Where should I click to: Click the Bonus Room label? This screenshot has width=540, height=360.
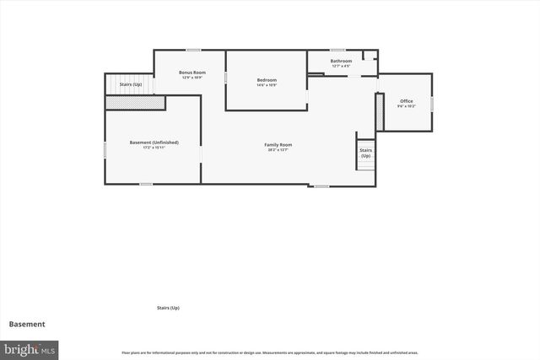(x=192, y=73)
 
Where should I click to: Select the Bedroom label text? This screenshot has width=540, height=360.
(x=267, y=80)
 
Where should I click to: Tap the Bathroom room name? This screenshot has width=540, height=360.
(x=342, y=61)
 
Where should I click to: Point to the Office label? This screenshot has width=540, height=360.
(x=407, y=101)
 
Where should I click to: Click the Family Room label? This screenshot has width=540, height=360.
(x=278, y=145)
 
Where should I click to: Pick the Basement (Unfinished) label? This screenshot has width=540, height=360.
(x=154, y=142)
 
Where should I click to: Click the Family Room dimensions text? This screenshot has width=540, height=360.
(x=278, y=150)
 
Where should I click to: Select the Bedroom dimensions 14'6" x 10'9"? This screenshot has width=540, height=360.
(x=267, y=85)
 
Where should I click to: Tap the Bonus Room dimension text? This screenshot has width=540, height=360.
(x=192, y=78)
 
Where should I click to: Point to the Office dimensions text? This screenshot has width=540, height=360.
(x=407, y=106)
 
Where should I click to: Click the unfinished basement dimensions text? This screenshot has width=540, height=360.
(x=154, y=148)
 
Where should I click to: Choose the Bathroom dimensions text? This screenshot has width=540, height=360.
(x=342, y=66)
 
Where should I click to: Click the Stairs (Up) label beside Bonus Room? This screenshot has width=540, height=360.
(x=131, y=84)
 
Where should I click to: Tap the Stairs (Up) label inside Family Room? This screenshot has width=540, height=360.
(x=365, y=153)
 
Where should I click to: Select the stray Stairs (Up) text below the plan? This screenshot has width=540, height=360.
(x=168, y=308)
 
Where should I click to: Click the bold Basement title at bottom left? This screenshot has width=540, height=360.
(x=27, y=324)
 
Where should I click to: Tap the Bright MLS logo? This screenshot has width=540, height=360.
(x=30, y=348)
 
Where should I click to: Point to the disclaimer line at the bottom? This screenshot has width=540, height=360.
(x=270, y=352)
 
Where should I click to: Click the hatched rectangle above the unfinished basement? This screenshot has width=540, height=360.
(x=134, y=102)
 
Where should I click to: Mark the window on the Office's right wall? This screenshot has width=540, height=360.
(x=432, y=103)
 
